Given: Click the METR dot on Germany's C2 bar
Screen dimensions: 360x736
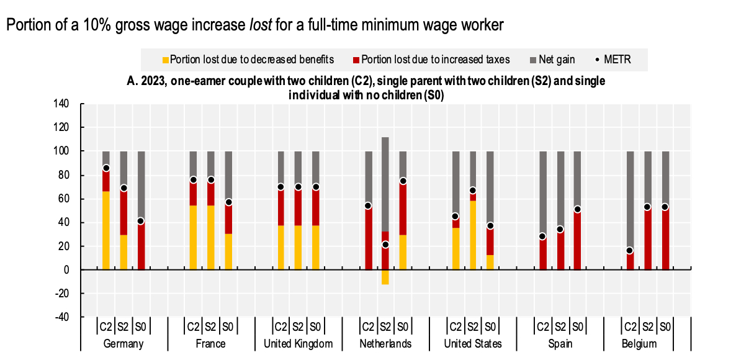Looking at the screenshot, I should (106, 168).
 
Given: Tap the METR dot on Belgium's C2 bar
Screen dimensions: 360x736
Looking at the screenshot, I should (630, 251).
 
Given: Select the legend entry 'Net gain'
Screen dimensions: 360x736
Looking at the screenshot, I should (556, 60).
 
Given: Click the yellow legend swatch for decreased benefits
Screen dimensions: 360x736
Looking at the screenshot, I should (166, 60).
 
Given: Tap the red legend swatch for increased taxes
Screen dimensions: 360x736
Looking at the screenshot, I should (357, 60).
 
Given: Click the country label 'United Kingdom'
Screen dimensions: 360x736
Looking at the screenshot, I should (298, 343).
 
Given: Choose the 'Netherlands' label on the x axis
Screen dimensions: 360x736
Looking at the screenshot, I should (385, 343).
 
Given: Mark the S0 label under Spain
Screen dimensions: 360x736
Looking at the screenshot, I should (577, 326).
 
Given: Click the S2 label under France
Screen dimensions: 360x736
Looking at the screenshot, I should (210, 326).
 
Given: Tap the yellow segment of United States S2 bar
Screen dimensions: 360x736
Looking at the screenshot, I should (473, 235).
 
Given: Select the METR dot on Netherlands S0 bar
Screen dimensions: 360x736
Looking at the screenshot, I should (403, 181).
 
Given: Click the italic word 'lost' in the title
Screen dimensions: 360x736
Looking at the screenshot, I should (259, 25).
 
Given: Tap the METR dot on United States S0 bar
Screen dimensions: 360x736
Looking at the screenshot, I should (490, 226).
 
